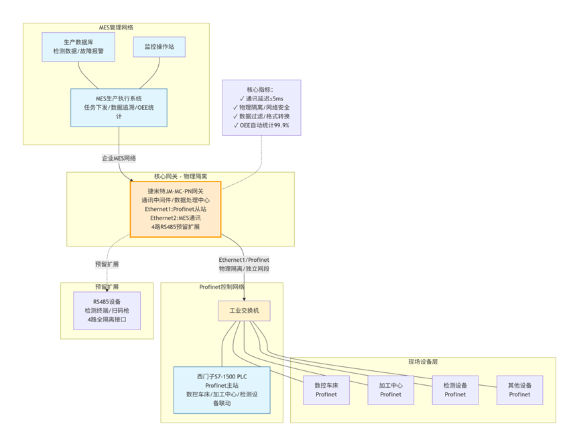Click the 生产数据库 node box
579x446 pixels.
78,47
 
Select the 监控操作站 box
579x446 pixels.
159,46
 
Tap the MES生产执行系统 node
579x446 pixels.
119,107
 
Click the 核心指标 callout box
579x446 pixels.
261,107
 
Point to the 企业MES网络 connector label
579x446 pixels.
119,158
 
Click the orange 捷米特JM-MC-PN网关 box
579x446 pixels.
176,208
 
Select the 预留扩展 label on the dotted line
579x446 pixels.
107,264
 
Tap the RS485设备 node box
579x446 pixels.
107,311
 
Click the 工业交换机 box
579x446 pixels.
244,311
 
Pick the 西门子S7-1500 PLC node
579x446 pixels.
222,389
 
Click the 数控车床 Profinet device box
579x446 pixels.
327,390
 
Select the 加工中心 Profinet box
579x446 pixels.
391,390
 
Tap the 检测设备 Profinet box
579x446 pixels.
456,390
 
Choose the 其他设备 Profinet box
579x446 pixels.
519,390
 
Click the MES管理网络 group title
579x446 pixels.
116,28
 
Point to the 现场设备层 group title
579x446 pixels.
422,362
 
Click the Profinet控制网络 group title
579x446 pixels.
222,287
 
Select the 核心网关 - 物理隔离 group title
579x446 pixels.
180,177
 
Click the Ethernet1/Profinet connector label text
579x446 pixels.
244,259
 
